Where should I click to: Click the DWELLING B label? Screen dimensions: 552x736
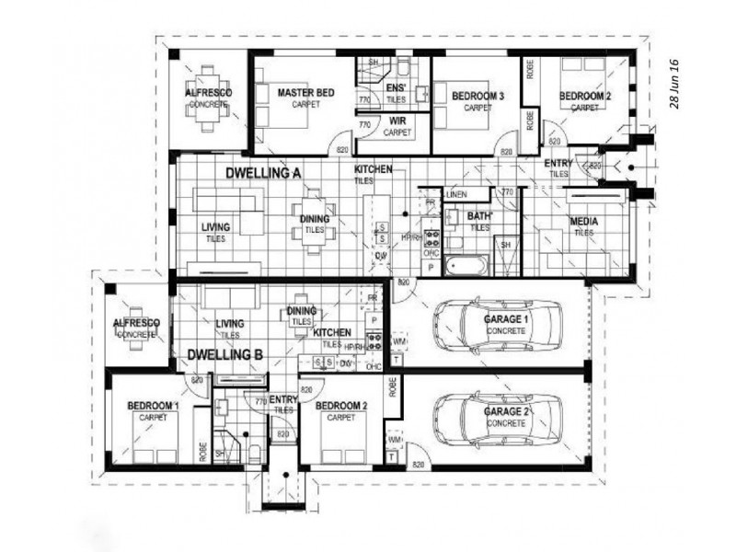coord(225,353)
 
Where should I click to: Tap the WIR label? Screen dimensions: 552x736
coord(397,121)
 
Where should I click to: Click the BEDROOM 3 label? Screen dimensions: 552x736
coord(477,96)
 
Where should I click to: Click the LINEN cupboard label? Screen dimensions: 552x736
coord(456,196)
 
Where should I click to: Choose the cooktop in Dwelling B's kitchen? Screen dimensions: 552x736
coord(374,342)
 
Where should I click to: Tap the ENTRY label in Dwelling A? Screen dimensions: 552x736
coord(559,164)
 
